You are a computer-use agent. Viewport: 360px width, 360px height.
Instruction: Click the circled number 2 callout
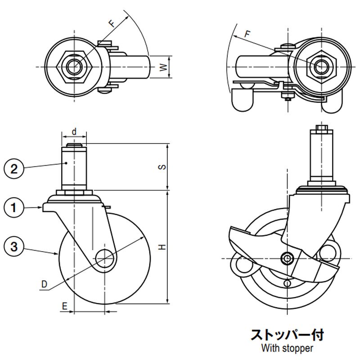click(x=14, y=169)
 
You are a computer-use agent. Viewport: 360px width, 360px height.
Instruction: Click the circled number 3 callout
click(x=14, y=246)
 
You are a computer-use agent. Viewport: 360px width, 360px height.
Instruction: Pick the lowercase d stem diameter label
click(x=74, y=131)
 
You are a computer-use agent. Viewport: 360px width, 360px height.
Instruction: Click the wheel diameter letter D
click(x=44, y=284)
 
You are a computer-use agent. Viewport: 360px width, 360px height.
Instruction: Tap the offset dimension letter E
click(x=64, y=306)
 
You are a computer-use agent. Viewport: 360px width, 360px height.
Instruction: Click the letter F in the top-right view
click(x=246, y=33)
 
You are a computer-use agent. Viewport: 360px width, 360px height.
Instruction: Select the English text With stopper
click(x=287, y=348)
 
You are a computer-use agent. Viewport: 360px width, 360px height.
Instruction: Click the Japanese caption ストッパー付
click(x=287, y=335)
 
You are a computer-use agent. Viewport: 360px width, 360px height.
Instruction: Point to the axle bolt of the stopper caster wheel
click(x=287, y=258)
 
